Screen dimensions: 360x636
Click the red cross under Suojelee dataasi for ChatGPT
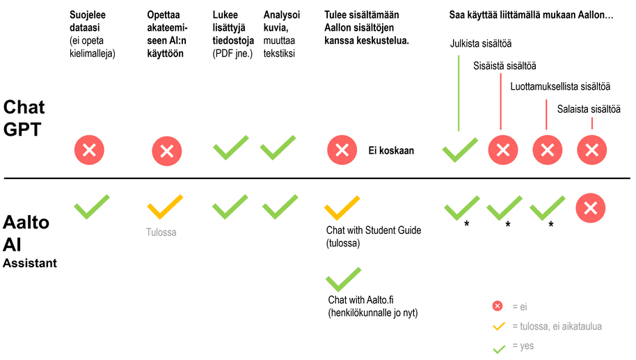point(90,149)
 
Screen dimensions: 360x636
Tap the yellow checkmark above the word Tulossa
point(165,208)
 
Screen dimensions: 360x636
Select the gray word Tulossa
point(161,233)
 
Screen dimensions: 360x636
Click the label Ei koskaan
point(391,150)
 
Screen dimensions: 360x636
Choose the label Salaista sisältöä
point(588,109)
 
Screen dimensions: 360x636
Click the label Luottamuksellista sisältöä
point(560,87)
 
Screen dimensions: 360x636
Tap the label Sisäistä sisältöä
point(504,66)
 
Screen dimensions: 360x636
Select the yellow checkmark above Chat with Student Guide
point(342,208)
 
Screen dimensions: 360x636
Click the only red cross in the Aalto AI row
point(591,208)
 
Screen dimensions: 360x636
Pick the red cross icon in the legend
point(498,306)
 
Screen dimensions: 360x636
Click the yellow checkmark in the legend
point(498,326)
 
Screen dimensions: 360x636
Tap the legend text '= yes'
point(523,346)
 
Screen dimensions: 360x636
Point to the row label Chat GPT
point(24,117)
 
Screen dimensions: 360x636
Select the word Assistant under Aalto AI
point(30,263)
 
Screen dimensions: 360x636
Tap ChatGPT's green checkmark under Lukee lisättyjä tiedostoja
point(230,148)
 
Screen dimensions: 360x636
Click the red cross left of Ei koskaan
point(342,149)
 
